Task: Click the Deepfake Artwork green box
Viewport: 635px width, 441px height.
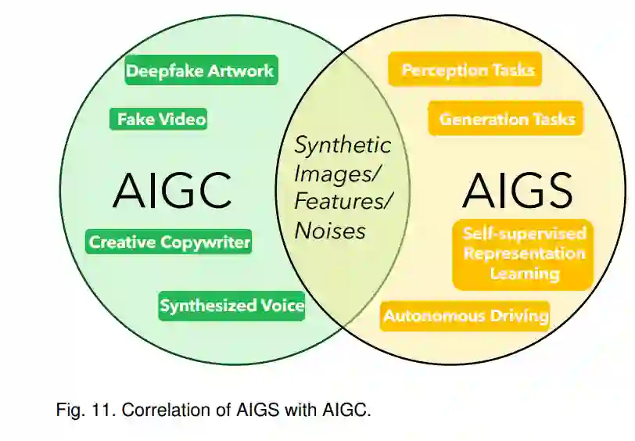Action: tap(200, 71)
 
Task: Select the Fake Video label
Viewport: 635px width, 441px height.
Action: tap(160, 119)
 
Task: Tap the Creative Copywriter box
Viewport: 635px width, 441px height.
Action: tap(169, 242)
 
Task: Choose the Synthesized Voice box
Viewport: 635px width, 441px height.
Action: tap(231, 306)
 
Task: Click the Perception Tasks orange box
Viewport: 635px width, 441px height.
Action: tap(467, 70)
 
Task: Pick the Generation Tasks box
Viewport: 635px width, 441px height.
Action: tap(507, 119)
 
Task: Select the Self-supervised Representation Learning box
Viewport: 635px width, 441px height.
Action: tap(523, 253)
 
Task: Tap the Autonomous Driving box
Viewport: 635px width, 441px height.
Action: tap(465, 317)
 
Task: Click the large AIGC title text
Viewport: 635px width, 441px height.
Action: tap(172, 190)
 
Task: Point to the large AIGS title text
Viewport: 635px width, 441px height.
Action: tap(517, 190)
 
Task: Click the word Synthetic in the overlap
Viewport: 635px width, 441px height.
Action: tap(343, 145)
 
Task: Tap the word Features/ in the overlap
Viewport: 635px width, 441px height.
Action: tap(343, 202)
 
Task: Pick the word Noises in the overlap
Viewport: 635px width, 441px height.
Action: tap(330, 231)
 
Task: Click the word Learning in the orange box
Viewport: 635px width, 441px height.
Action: tap(525, 274)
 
